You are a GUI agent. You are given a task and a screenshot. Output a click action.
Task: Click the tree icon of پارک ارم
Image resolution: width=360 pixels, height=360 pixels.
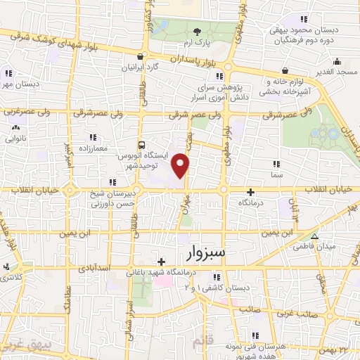[x=198, y=31]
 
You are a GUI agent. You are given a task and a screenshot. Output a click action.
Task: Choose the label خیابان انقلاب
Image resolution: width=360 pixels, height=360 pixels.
[x=330, y=190]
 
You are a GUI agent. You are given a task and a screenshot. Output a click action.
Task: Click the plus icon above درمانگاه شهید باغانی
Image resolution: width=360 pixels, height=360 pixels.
[x=162, y=262]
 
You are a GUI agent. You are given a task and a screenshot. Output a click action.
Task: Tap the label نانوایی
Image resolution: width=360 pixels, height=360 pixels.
[x=15, y=139]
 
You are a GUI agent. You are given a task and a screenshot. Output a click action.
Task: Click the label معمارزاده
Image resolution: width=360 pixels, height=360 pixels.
[x=92, y=148]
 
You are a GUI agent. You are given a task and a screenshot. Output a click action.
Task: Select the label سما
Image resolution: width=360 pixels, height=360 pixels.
[x=276, y=173]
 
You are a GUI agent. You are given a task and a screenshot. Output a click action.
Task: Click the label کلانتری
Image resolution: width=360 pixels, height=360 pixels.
[x=10, y=278]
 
